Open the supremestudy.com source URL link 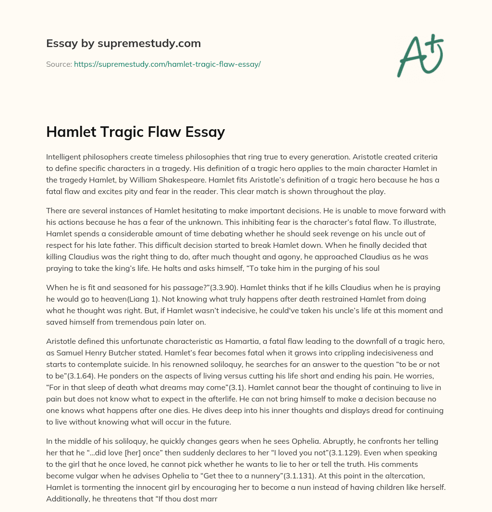coord(167,64)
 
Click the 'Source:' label coord(59,64)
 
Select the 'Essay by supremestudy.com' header coord(123,44)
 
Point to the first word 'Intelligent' coord(64,157)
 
